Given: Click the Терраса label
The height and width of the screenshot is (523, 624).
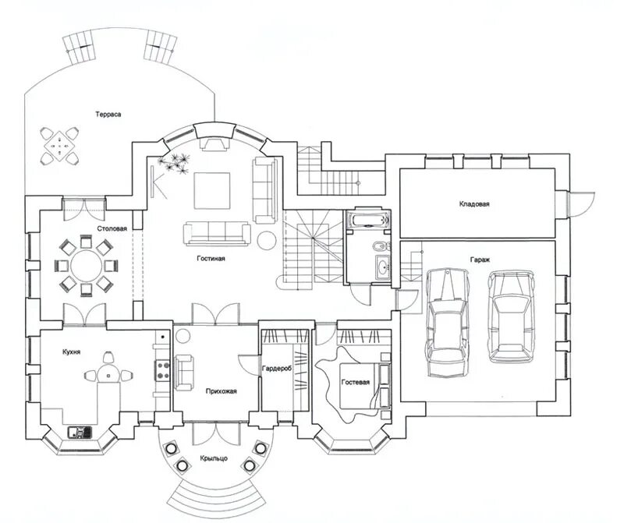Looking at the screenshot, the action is click(108, 115).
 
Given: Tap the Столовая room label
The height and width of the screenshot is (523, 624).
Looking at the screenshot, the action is click(112, 228).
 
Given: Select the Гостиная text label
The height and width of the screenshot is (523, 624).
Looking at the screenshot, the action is click(211, 259).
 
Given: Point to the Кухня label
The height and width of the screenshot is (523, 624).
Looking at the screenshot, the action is click(72, 352).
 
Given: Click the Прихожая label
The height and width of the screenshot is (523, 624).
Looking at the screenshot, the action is click(222, 391).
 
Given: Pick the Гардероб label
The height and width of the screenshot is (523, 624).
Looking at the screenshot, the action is click(277, 369).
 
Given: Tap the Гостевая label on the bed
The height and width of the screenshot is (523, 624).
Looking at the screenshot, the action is click(356, 382).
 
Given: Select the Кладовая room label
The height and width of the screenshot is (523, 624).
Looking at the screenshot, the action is click(474, 204).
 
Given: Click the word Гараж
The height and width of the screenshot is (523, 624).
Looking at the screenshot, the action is click(480, 260).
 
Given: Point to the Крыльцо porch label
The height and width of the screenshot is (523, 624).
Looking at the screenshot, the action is click(214, 458).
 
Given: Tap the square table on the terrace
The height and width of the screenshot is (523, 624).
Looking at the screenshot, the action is click(60, 146).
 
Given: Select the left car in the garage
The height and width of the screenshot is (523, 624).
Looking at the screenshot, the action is click(448, 322).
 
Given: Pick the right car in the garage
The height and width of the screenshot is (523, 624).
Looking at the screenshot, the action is click(511, 317).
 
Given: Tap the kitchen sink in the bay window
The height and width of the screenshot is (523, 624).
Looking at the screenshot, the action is click(80, 433).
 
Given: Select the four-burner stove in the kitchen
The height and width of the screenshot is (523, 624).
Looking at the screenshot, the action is click(162, 370).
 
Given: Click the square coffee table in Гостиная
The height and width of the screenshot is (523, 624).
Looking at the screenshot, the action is click(212, 190).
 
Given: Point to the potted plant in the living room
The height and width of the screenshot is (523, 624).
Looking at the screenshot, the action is click(174, 162).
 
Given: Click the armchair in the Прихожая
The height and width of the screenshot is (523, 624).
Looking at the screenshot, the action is click(184, 373).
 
